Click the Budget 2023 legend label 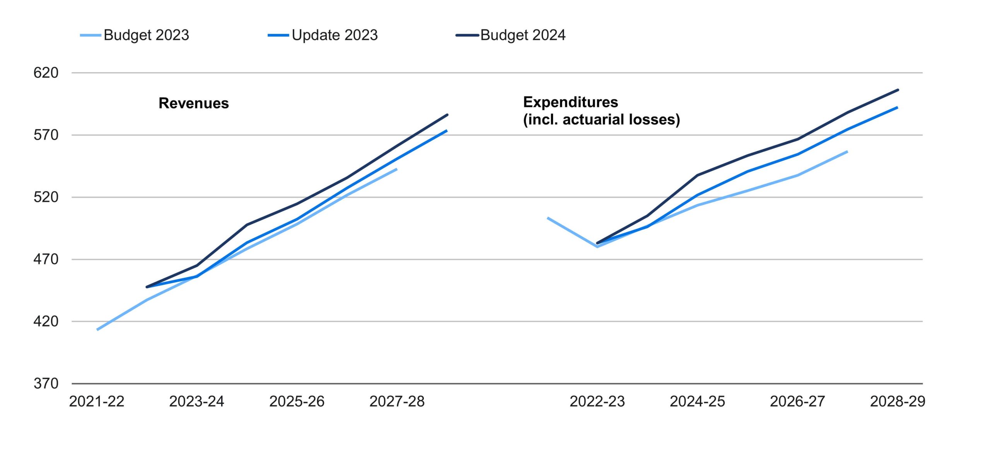click(x=146, y=35)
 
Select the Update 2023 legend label click(x=335, y=35)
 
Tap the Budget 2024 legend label click(x=522, y=35)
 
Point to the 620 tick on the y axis click(x=46, y=73)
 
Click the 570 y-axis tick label click(x=46, y=135)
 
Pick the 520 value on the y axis click(x=46, y=197)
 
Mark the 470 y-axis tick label click(x=46, y=259)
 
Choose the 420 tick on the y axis click(x=46, y=321)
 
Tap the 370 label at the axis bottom click(x=46, y=383)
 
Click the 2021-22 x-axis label click(x=97, y=402)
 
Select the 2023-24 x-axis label click(x=196, y=402)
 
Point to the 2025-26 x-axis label click(x=297, y=402)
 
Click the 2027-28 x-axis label click(x=397, y=402)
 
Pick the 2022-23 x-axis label click(x=597, y=402)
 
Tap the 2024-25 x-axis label click(x=697, y=402)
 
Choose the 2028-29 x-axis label click(x=898, y=402)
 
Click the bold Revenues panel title click(x=193, y=103)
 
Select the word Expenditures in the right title click(x=570, y=102)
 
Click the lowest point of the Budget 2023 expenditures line click(x=597, y=247)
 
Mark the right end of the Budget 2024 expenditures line click(x=898, y=90)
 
